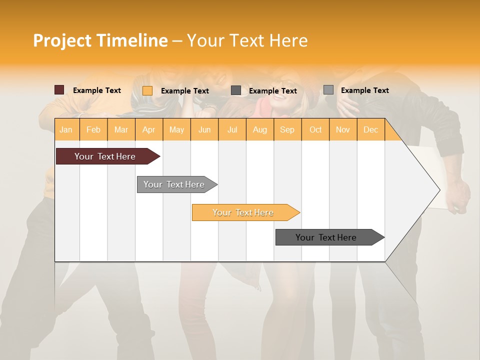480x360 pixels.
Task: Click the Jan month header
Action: (66, 130)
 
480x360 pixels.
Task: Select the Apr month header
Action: (148, 130)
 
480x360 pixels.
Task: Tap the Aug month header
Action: (259, 130)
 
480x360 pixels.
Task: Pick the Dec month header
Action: (370, 130)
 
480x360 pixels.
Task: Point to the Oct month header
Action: (315, 130)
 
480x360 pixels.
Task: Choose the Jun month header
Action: (204, 130)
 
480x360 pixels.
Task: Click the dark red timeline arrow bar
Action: (105, 156)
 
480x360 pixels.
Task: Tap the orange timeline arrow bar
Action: (243, 212)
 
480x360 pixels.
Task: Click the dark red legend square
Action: (59, 90)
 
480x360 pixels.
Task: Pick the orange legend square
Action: (147, 90)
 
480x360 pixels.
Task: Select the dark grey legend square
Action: (236, 90)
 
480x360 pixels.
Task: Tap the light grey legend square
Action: (328, 90)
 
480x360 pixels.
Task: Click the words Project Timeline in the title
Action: (100, 40)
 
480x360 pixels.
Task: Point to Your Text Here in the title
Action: (247, 40)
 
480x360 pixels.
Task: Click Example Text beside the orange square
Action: (184, 91)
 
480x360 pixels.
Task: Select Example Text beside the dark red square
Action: (96, 90)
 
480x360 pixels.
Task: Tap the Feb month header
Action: (93, 130)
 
